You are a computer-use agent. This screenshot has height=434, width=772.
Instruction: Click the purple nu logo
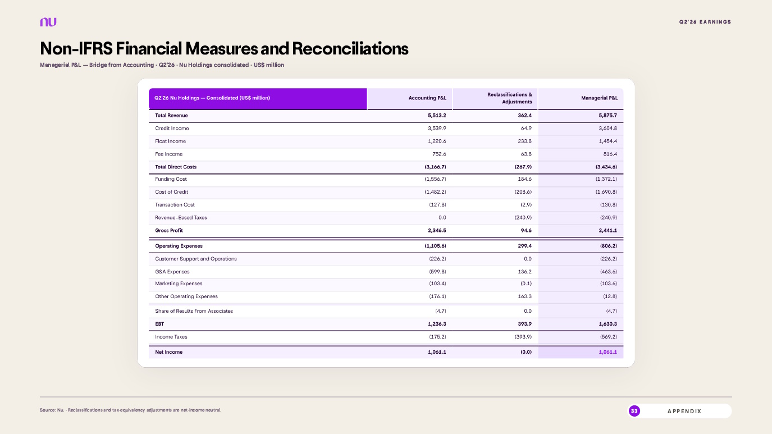[x=48, y=22]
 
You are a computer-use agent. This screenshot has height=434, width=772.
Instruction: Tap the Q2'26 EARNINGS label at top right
[x=705, y=22]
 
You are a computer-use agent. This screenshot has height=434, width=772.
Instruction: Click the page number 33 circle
[x=634, y=411]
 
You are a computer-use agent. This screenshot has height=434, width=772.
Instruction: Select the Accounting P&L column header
[x=427, y=98]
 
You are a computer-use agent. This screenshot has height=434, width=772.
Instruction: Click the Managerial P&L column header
[x=599, y=98]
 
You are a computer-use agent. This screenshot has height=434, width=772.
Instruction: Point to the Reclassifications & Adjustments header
[x=510, y=98]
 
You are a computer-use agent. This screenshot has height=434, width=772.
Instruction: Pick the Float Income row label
[x=170, y=141]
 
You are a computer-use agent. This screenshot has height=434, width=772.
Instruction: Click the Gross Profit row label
[x=169, y=230]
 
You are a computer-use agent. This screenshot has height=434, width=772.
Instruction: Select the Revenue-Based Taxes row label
[x=181, y=217]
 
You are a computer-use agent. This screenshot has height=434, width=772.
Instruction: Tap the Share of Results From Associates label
[x=194, y=311]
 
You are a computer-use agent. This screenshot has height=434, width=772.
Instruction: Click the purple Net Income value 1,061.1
[x=608, y=352]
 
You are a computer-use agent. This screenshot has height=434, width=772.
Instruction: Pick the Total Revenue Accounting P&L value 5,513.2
[x=437, y=116]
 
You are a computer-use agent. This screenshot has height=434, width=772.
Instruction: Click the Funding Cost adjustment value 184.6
[x=525, y=179]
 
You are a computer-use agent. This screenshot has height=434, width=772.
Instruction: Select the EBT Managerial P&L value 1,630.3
[x=608, y=324]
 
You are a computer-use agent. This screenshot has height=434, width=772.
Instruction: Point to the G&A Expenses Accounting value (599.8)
[x=438, y=272]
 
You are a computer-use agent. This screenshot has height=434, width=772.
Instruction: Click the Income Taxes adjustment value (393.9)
[x=523, y=337]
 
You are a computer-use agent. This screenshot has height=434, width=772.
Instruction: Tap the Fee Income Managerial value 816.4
[x=610, y=154]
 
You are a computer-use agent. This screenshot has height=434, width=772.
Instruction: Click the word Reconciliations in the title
[x=350, y=48]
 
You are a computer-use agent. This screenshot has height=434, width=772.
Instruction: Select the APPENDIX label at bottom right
[x=684, y=411]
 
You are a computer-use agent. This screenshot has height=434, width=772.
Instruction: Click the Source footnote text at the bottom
[x=131, y=410]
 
